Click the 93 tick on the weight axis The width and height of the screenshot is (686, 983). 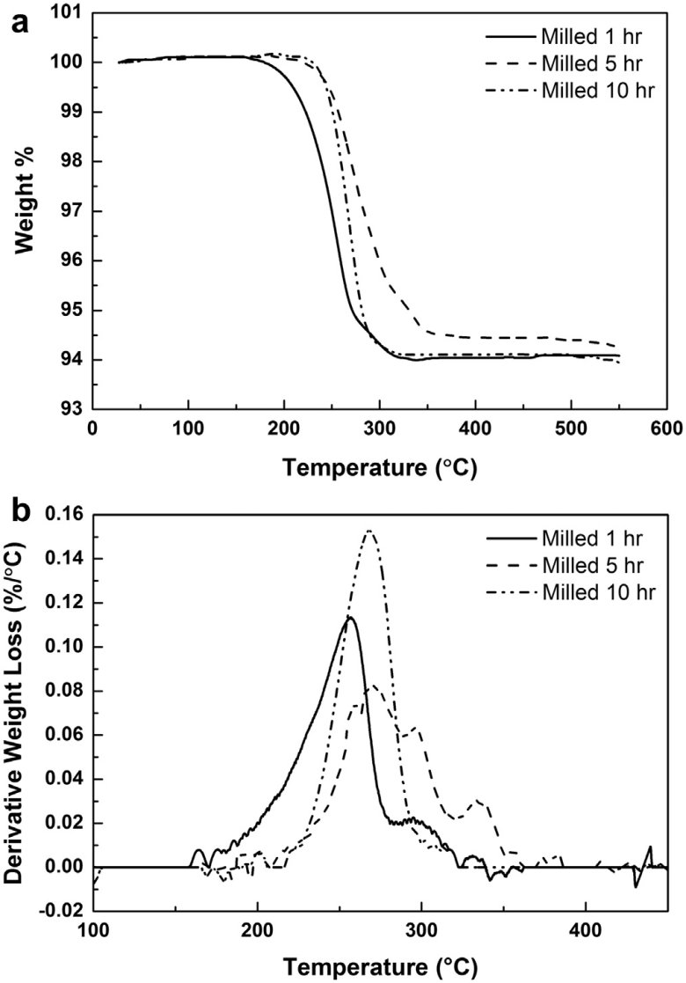click(x=71, y=409)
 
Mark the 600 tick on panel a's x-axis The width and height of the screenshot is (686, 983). click(x=667, y=429)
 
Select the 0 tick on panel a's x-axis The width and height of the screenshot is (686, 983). click(x=93, y=429)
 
